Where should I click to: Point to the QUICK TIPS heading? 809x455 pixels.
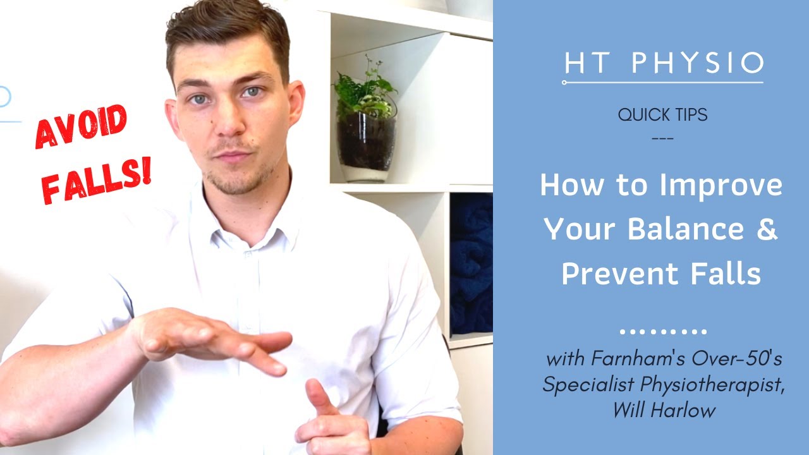click(662, 115)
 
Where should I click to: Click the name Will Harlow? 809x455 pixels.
click(663, 410)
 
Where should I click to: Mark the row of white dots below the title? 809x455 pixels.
click(662, 331)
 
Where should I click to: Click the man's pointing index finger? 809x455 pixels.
click(317, 396)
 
